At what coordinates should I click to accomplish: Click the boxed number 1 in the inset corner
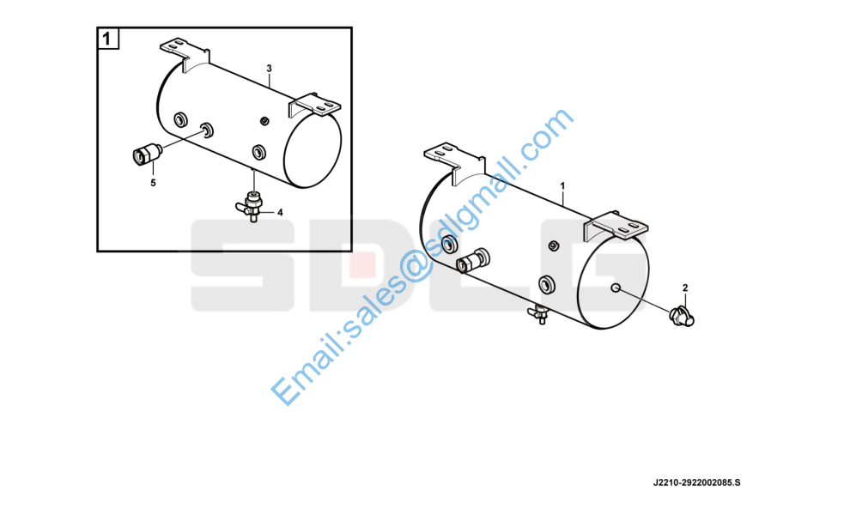(x=106, y=39)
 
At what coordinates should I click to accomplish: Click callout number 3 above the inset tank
(x=269, y=69)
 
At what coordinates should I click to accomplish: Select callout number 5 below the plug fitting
(x=153, y=183)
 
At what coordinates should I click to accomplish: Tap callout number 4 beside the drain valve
(x=280, y=213)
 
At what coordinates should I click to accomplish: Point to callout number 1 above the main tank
(x=562, y=186)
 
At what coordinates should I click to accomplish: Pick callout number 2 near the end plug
(x=685, y=288)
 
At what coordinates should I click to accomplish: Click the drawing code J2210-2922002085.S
(x=696, y=482)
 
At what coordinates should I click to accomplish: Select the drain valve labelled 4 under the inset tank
(x=251, y=206)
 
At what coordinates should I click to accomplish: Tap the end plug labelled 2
(x=682, y=316)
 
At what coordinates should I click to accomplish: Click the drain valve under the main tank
(x=538, y=314)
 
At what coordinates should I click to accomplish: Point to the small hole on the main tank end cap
(x=616, y=288)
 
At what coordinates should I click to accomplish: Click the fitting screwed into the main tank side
(x=473, y=260)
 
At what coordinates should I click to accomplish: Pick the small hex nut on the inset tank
(x=264, y=120)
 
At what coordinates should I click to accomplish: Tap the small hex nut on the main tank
(x=554, y=245)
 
